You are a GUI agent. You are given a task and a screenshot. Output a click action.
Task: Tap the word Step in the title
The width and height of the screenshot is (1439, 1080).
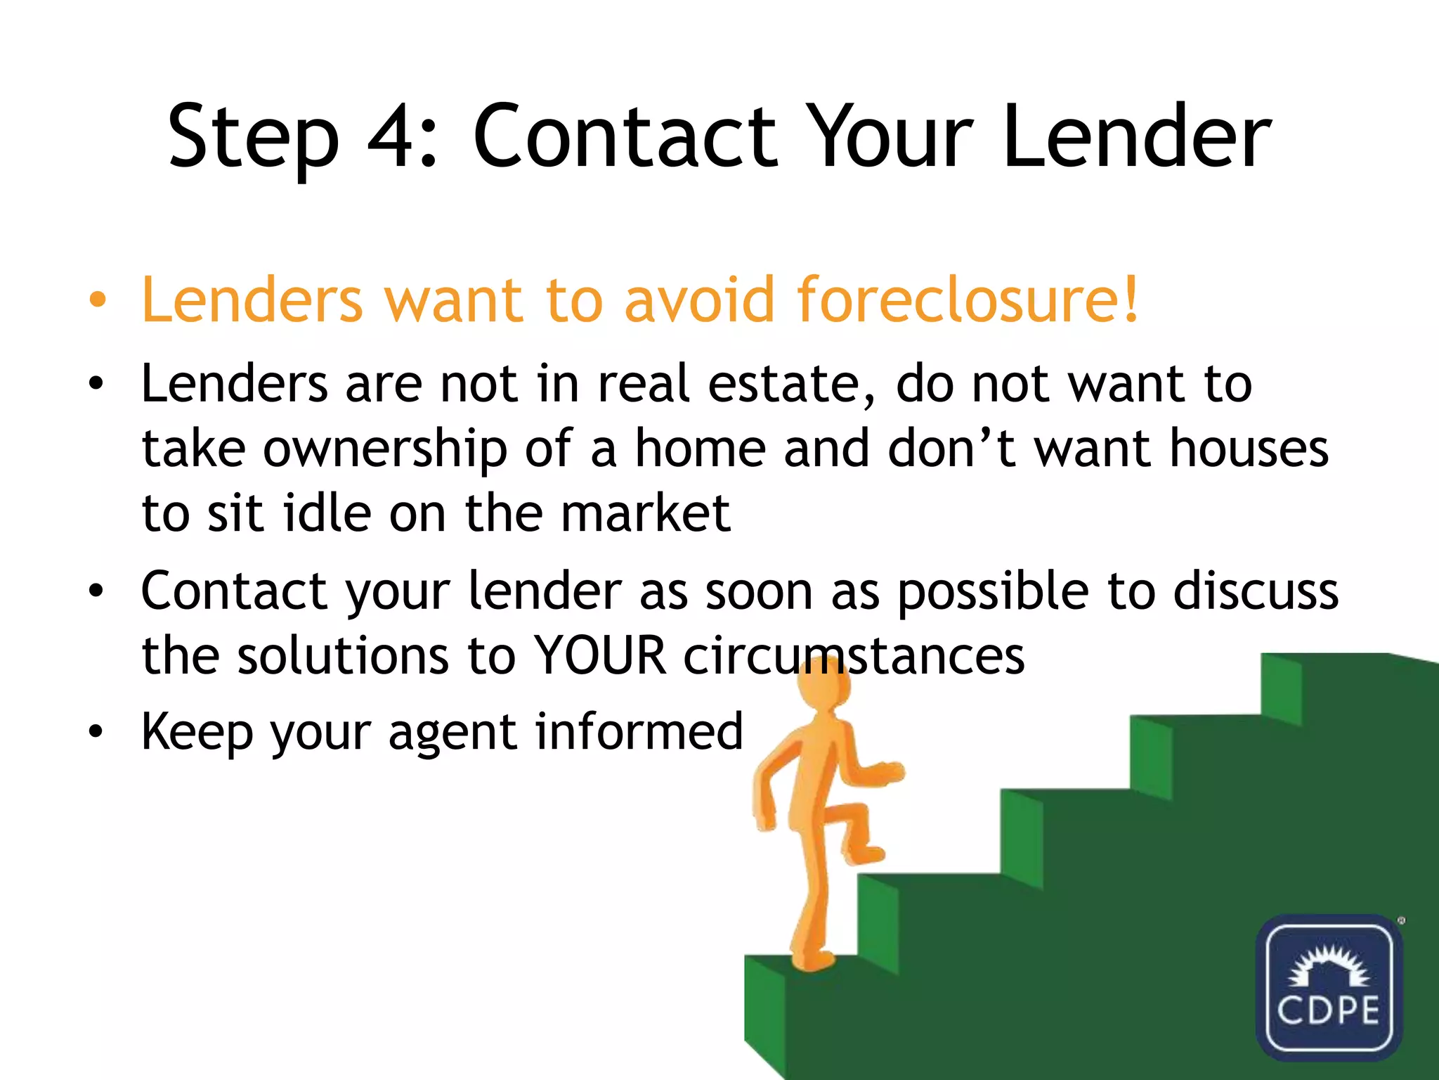point(253,137)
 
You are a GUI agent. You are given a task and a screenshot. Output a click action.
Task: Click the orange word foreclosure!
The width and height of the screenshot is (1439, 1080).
point(967,300)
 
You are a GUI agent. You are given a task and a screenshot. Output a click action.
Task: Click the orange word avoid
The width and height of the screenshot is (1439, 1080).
point(700,300)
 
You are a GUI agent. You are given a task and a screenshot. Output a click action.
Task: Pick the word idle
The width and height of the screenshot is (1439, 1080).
point(327,513)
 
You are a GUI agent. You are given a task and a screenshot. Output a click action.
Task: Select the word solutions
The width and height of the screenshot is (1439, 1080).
point(343,656)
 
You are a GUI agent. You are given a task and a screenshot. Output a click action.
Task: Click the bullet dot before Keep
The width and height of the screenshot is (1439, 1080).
point(96,731)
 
